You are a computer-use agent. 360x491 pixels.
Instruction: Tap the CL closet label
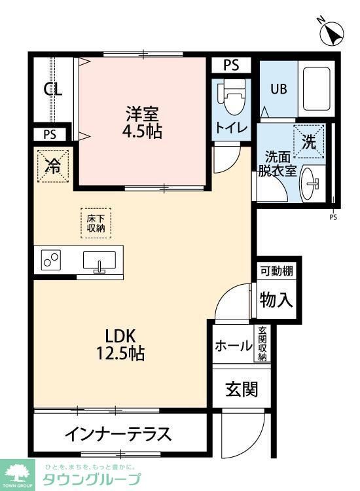53,90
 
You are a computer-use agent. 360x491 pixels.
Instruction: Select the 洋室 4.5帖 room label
143,121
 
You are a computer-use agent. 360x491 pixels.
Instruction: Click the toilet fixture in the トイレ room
230,98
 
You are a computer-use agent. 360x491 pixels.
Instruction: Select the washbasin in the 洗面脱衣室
311,186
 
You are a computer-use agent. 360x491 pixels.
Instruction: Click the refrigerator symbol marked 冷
53,166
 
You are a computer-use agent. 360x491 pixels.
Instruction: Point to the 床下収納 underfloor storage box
97,223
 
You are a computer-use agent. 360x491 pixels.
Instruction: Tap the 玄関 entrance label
242,389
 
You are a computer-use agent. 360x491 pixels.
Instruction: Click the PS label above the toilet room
231,65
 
